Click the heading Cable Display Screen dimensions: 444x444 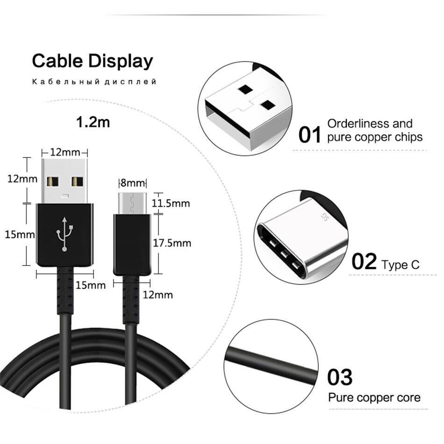click(x=93, y=61)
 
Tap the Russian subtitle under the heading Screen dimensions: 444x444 click(x=94, y=82)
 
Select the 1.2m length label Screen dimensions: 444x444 click(x=93, y=122)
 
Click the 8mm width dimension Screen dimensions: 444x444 click(x=132, y=183)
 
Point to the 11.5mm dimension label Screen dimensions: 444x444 click(x=171, y=203)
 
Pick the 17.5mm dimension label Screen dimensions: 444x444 click(x=172, y=243)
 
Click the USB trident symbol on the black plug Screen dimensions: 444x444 click(x=65, y=234)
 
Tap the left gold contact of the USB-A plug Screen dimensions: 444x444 click(x=52, y=182)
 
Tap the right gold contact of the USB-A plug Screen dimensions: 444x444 click(x=77, y=182)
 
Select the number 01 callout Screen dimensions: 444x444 click(x=310, y=135)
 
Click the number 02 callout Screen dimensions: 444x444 click(x=365, y=261)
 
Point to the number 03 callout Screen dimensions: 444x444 click(x=340, y=377)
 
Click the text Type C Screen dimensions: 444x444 click(x=401, y=265)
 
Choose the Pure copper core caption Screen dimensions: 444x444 click(x=374, y=398)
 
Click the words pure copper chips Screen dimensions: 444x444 click(x=375, y=137)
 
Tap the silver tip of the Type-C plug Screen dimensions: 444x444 click(x=132, y=203)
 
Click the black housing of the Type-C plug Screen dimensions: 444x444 click(x=132, y=244)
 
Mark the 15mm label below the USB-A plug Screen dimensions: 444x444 click(x=91, y=285)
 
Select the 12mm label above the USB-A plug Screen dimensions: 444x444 click(x=65, y=152)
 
